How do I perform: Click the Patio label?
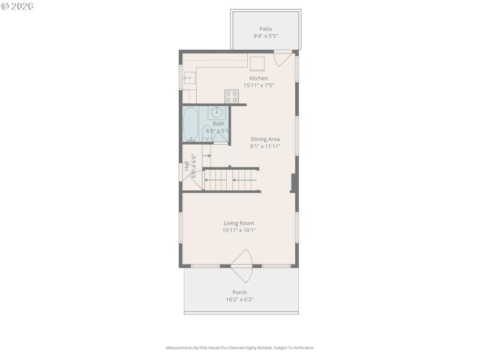coord(265,28)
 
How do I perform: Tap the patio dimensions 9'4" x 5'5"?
coord(265,36)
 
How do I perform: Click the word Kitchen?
coord(259,78)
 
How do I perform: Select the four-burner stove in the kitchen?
coord(232,96)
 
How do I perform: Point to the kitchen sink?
coord(189,77)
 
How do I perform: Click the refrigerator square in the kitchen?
coord(257,64)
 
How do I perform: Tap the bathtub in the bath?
coord(191,124)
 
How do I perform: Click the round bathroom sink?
coord(217,112)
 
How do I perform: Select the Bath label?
coord(218,124)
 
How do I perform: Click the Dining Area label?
coord(265,139)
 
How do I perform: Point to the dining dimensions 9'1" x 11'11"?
coord(265,146)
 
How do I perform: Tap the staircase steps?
coord(231,179)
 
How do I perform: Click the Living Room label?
coord(239,223)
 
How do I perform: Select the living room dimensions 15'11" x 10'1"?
coord(239,230)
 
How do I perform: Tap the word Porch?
coord(239,292)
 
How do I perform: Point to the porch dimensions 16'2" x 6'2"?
coord(239,299)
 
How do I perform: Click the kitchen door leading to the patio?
coord(283,58)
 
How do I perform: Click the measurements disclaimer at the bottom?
coord(239,347)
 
